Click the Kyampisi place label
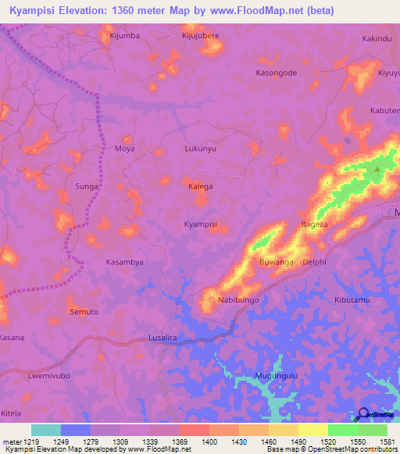tap(200, 224)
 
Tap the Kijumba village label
tap(124, 36)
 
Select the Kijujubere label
tap(201, 36)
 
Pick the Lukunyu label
tap(200, 148)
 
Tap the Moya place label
tap(125, 148)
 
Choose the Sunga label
tap(86, 187)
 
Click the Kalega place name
tap(201, 186)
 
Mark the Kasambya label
tap(125, 263)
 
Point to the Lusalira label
tap(163, 338)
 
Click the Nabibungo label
tap(238, 300)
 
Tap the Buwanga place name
tap(276, 262)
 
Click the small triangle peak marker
tap(378, 168)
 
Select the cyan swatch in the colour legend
tap(46, 430)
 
